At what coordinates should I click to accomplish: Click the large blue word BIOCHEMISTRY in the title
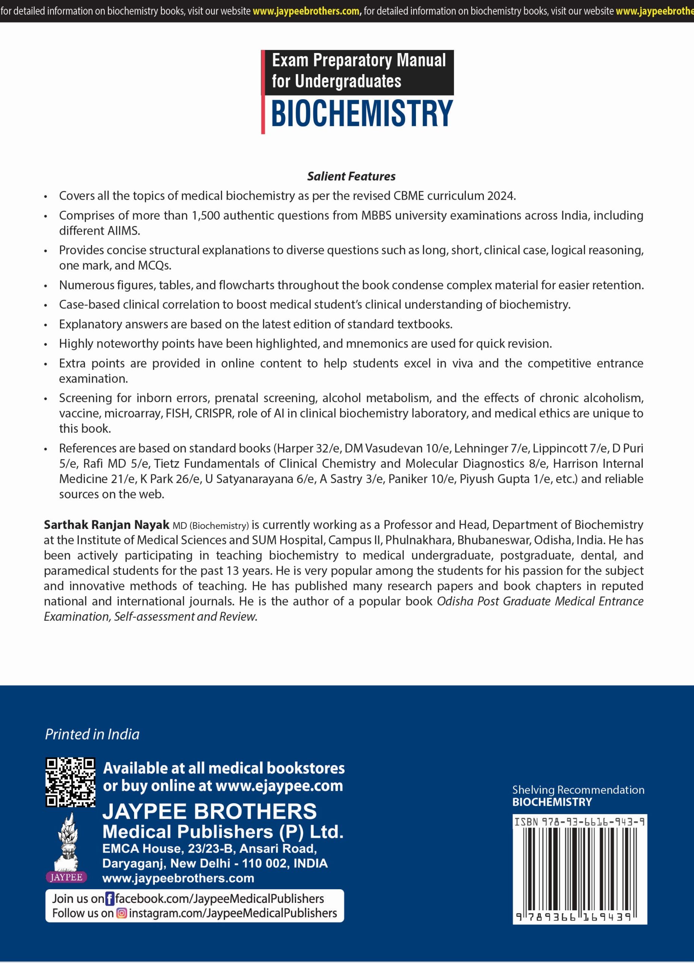[x=362, y=114]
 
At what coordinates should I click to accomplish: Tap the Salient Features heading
[x=351, y=176]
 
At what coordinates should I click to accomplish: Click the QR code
[x=70, y=782]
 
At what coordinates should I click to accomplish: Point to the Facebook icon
[x=109, y=899]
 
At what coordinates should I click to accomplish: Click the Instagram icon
[x=121, y=913]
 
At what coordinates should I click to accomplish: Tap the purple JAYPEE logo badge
[x=66, y=877]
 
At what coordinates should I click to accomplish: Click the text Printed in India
[x=92, y=734]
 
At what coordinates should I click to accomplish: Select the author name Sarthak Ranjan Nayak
[x=106, y=525]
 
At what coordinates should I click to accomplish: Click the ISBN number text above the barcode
[x=579, y=822]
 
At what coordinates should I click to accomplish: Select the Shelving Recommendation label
[x=578, y=790]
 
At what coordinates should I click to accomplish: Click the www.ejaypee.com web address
[x=279, y=785]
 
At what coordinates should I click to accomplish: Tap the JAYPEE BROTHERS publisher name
[x=210, y=811]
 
